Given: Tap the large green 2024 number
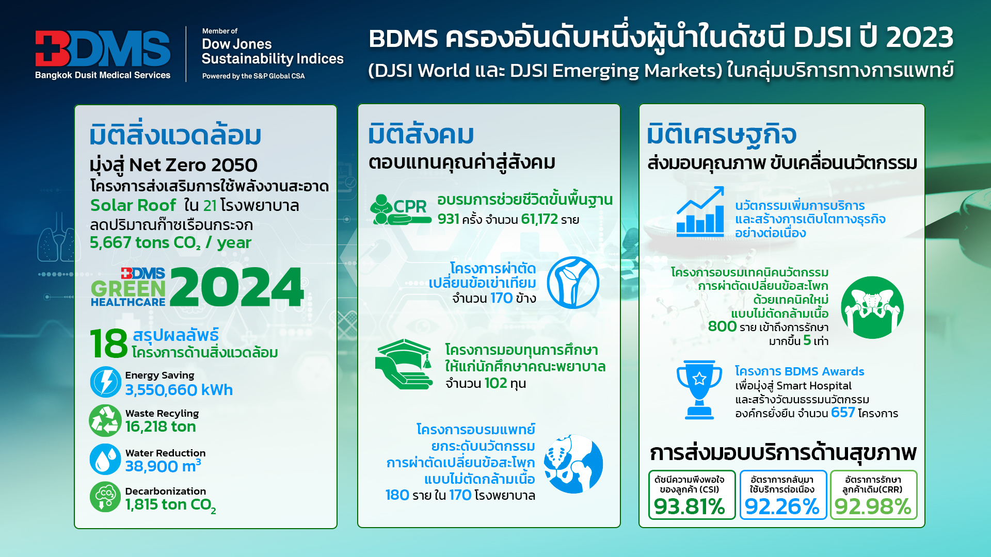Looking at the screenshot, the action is [237, 287].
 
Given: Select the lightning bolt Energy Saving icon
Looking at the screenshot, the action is [106, 382].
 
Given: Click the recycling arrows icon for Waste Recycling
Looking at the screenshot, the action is [105, 420].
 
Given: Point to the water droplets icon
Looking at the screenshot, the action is [105, 460].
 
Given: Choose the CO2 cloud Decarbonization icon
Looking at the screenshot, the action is [105, 497].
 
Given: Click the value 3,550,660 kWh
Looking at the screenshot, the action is [179, 390].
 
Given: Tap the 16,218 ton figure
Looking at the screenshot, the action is [161, 427].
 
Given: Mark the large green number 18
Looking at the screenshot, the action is [108, 343].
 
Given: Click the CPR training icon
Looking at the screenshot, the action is [400, 209].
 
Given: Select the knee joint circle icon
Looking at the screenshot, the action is [573, 283].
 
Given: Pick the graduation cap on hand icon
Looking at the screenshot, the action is [404, 364].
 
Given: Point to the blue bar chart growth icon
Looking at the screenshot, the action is [700, 212].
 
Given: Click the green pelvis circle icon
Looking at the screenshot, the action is [872, 307].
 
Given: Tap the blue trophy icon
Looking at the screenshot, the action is [699, 389].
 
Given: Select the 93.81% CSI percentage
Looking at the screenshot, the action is [690, 506].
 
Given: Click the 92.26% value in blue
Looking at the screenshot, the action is [782, 506].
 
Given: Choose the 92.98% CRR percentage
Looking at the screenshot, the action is [873, 506].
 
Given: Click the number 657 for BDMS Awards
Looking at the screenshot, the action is [843, 413].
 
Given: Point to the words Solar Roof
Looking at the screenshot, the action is [133, 205].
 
